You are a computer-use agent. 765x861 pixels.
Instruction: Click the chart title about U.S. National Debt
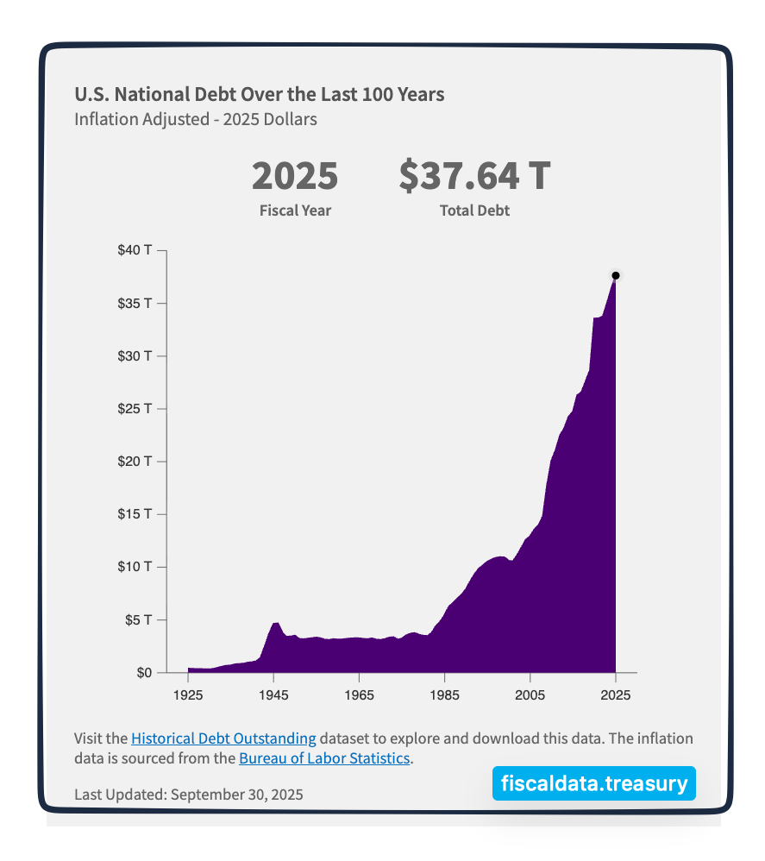pos(259,94)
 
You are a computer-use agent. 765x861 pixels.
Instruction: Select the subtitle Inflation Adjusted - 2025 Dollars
pos(195,119)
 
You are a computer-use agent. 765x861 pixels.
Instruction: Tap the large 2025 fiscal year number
pos(295,176)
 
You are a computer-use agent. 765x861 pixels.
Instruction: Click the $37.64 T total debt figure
pos(474,176)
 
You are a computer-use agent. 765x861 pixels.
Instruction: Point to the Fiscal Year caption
pos(295,211)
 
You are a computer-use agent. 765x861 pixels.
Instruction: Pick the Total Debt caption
pos(474,211)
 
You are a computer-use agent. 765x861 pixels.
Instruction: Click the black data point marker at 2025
pos(616,275)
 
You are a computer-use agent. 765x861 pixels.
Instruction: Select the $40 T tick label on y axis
pos(135,251)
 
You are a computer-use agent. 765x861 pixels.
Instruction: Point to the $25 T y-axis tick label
pos(135,409)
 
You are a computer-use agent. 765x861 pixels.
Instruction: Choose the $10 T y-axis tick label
pos(135,567)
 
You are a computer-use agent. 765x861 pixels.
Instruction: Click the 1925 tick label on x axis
pos(187,694)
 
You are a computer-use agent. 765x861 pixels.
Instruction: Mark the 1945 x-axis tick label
pos(273,694)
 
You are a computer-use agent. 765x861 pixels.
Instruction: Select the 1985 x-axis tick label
pos(444,694)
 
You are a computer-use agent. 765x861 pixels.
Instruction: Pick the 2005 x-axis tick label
pos(530,694)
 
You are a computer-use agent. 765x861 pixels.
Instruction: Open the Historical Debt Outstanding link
pos(223,738)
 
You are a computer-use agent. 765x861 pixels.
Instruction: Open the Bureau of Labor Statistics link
pos(323,759)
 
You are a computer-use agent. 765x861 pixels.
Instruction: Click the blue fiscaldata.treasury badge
pos(594,783)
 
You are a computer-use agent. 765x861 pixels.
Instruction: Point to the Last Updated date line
pos(188,794)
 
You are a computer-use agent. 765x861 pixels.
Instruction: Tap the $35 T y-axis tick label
pos(135,304)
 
